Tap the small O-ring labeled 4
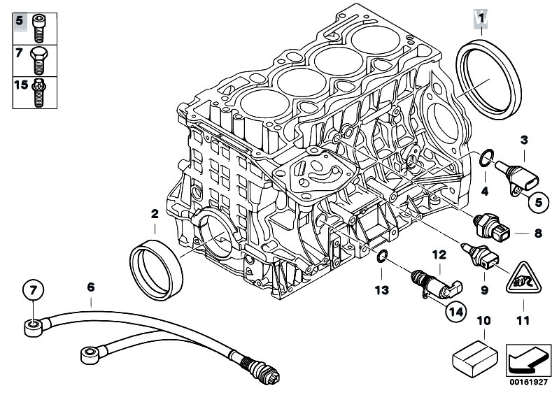(x=484, y=159)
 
